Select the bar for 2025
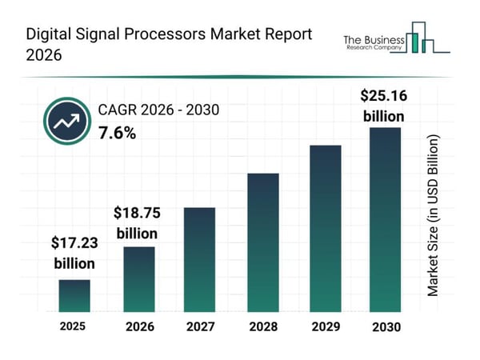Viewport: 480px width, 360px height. (74, 295)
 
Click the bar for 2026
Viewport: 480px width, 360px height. (138, 278)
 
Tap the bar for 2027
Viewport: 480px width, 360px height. (200, 259)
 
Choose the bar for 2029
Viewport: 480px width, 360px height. (324, 228)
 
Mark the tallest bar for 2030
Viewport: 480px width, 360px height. (384, 219)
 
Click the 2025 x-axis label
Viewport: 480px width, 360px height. (74, 326)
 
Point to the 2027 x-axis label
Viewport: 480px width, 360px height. (200, 327)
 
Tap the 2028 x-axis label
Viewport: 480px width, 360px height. (262, 327)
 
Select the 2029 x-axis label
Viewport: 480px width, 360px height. (324, 327)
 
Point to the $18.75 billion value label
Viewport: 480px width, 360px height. (137, 223)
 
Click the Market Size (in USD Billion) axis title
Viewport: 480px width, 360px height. (433, 216)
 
